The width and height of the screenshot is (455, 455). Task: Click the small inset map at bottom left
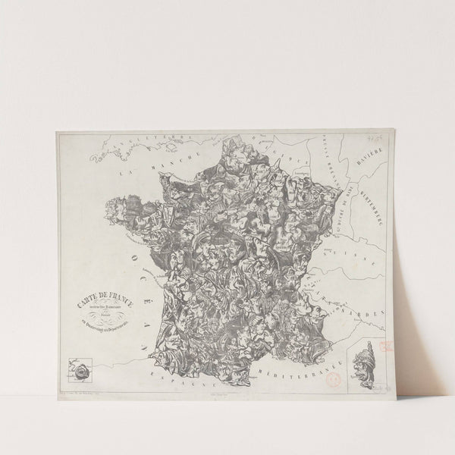[x=78, y=371]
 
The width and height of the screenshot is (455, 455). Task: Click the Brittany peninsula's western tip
[x=112, y=203]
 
